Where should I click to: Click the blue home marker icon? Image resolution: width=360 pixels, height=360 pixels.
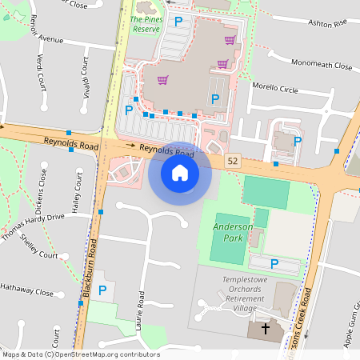point(180,173)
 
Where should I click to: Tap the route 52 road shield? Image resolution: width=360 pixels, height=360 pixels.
point(233,161)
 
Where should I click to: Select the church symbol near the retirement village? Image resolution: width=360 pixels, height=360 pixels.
point(265,329)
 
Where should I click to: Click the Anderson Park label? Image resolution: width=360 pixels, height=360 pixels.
point(233,232)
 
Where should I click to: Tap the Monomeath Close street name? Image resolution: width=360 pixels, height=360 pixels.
point(322,64)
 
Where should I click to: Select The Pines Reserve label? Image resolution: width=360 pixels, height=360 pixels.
point(146,23)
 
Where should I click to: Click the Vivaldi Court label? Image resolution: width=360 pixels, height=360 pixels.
point(85,78)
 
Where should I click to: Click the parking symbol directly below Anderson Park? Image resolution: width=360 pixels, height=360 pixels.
point(274,263)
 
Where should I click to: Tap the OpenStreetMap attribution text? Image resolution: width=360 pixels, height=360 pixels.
point(80,354)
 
